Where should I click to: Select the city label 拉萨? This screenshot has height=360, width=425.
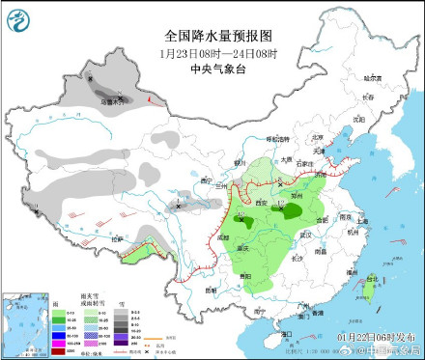(119, 237)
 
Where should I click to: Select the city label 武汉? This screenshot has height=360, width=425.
(305, 234)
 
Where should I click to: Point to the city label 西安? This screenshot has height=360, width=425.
(260, 202)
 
